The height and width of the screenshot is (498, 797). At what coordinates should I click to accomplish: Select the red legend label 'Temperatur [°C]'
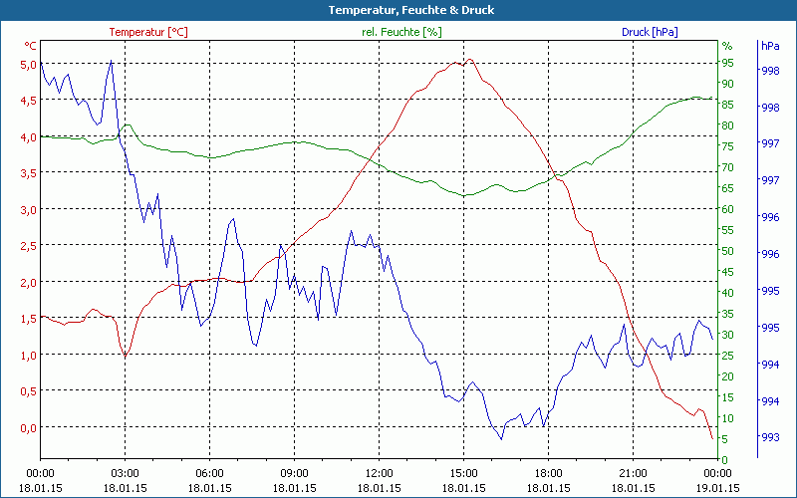click(x=148, y=32)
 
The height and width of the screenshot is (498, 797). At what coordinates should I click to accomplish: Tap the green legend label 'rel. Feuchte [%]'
click(x=401, y=32)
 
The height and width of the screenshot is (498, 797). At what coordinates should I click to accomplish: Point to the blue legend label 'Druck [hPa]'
click(x=650, y=32)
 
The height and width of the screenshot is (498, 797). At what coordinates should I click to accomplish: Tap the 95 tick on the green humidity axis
click(x=727, y=63)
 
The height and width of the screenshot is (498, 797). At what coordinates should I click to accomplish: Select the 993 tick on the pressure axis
click(x=769, y=437)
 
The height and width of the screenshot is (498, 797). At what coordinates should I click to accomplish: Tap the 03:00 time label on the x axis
click(x=125, y=473)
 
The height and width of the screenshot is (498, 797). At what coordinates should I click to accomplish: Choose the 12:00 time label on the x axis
click(x=379, y=473)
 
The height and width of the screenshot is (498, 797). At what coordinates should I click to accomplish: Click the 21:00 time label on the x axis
click(x=633, y=473)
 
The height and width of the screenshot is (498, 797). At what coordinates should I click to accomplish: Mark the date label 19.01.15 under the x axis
click(x=717, y=488)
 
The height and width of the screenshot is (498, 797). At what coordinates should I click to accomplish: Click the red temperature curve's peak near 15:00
click(x=469, y=60)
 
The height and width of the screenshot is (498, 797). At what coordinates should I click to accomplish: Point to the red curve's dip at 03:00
click(x=125, y=356)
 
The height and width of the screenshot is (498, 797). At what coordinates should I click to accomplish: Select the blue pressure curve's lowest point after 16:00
click(x=501, y=438)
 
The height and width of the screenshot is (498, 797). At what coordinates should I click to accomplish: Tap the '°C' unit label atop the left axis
click(x=31, y=46)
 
